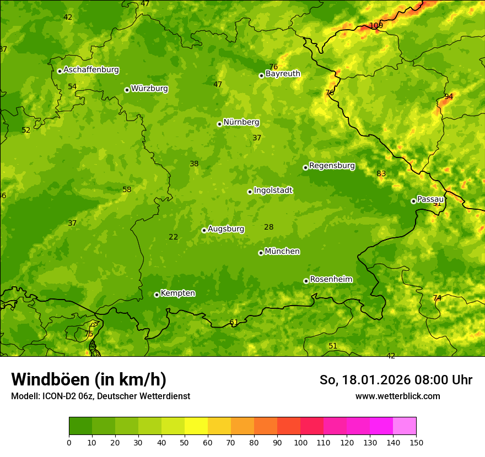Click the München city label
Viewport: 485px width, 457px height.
(x=282, y=252)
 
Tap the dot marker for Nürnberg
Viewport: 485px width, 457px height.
(x=219, y=124)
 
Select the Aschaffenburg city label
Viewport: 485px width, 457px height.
(x=91, y=70)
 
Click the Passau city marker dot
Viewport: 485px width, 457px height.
(x=413, y=201)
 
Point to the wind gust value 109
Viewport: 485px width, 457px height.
(x=376, y=26)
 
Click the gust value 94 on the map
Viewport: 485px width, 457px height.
(x=449, y=96)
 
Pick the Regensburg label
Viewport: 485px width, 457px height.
(x=332, y=166)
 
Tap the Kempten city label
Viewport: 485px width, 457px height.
(x=177, y=293)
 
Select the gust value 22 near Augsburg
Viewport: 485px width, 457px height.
(x=173, y=237)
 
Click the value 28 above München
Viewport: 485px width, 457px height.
(x=268, y=227)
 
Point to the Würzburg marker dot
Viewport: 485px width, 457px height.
(x=127, y=90)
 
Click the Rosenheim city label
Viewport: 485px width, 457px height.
(x=331, y=280)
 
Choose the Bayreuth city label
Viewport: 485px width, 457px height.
(x=283, y=74)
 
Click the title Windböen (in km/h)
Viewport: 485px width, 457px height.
(x=88, y=379)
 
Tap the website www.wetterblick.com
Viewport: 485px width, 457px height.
(x=397, y=396)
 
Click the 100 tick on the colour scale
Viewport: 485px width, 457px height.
(x=300, y=442)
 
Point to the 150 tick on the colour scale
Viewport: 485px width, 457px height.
(x=416, y=442)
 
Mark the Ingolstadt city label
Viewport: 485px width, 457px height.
(x=273, y=191)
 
